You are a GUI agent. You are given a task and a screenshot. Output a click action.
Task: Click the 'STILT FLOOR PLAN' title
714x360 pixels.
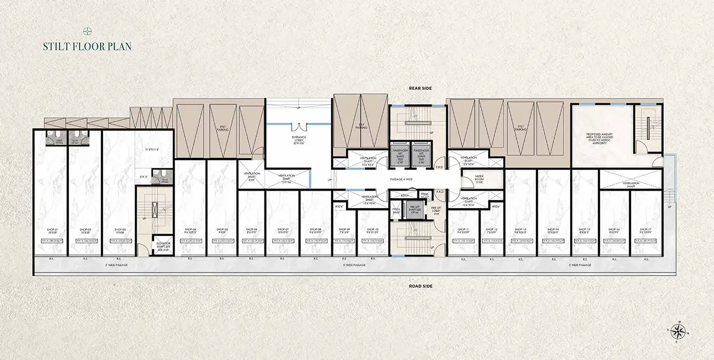point(87,47)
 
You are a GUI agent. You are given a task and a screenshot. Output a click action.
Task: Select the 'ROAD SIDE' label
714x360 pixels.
point(421,286)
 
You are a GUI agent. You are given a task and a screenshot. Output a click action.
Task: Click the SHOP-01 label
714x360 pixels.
point(51,229)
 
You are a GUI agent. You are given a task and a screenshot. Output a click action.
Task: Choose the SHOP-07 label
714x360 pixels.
point(283,229)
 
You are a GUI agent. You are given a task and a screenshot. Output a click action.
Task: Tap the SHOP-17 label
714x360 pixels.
point(646,229)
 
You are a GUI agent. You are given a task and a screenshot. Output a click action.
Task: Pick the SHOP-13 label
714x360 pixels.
point(520,229)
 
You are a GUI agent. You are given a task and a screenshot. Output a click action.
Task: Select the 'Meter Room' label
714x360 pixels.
point(480,178)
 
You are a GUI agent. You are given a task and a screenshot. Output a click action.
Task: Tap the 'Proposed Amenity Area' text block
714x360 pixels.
point(601,138)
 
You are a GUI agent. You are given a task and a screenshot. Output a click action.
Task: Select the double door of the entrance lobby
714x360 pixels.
point(299,126)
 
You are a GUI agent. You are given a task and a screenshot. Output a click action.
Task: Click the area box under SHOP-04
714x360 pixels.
point(189,241)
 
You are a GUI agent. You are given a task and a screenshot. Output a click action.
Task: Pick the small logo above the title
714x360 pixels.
point(87,30)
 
